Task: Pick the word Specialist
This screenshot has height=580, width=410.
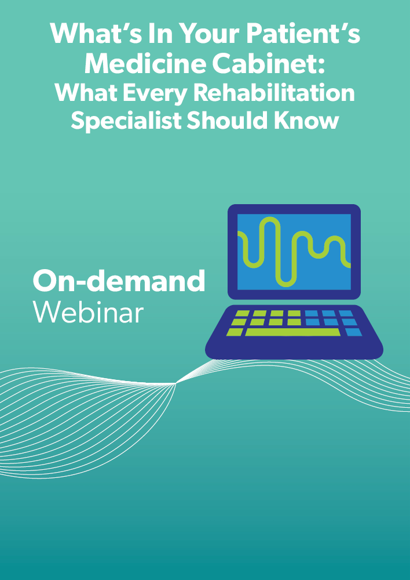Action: pyautogui.click(x=126, y=121)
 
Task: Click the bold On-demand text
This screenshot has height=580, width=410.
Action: pyautogui.click(x=119, y=281)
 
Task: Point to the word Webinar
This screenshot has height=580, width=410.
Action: pyautogui.click(x=88, y=313)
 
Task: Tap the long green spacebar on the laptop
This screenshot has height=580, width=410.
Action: pyautogui.click(x=292, y=332)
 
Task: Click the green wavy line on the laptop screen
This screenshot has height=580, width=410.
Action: pyautogui.click(x=294, y=252)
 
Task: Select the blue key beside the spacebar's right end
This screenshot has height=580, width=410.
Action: pyautogui.click(x=354, y=332)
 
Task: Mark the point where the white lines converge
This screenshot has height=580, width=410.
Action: pyautogui.click(x=176, y=383)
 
